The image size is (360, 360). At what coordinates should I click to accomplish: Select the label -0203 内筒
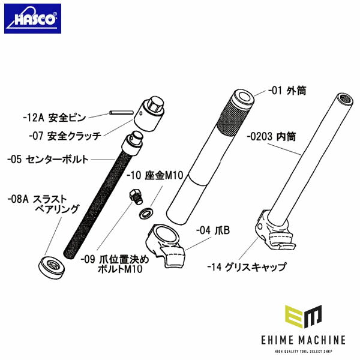(x=273, y=136)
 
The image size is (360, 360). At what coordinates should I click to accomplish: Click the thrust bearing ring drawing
(x=51, y=266)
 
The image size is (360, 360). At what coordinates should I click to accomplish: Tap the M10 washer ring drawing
(x=145, y=213)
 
